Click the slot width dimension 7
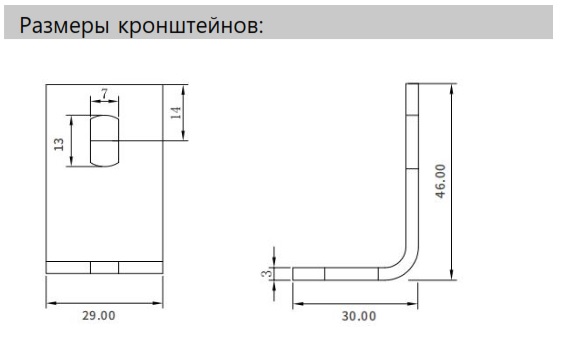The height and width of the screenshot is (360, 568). click(x=104, y=91)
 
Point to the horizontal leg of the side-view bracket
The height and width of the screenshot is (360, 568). click(x=335, y=273)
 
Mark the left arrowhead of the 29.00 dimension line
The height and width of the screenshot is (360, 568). click(x=50, y=301)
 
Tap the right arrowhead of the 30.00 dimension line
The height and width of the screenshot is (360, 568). click(x=417, y=299)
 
